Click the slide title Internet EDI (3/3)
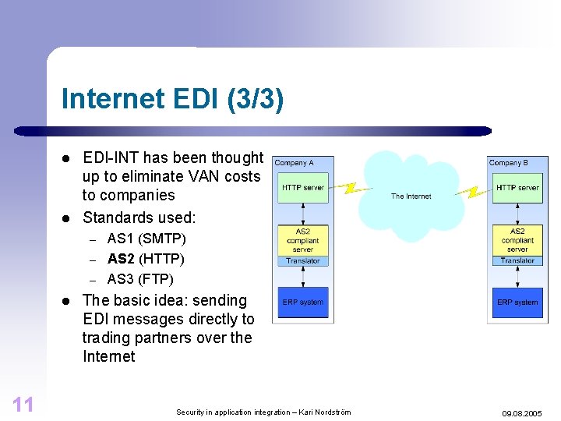172,100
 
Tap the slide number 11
23,403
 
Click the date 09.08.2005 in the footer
522,412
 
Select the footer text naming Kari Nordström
263,412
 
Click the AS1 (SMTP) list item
146,239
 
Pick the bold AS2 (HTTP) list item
146,259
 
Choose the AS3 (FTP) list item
140,279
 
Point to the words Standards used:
139,217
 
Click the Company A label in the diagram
294,163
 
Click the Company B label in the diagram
508,163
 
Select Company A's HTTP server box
302,188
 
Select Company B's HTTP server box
517,188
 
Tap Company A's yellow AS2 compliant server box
302,240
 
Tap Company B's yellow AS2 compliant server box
517,240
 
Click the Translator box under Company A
302,261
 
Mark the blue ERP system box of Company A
302,302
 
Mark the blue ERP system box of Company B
517,302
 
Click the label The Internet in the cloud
411,196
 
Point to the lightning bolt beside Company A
350,188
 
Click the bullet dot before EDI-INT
67,158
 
